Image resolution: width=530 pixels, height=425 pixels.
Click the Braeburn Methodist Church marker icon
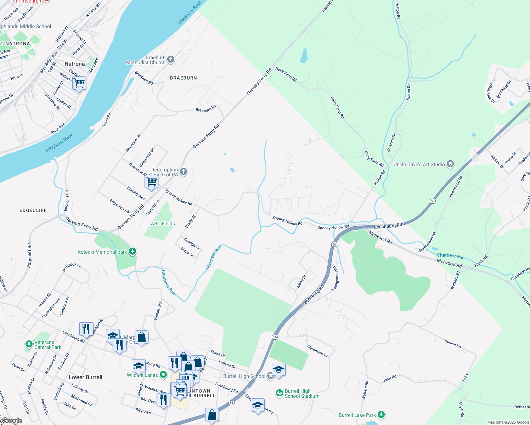pyautogui.click(x=171, y=59)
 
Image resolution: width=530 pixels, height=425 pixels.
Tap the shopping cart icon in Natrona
pyautogui.click(x=79, y=83)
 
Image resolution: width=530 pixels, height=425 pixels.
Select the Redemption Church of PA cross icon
pyautogui.click(x=183, y=172)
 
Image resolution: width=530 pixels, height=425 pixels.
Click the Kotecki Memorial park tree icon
pyautogui.click(x=132, y=251)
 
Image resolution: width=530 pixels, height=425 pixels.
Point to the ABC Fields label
pyautogui.click(x=163, y=223)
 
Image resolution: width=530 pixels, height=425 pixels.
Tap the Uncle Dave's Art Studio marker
pyautogui.click(x=450, y=164)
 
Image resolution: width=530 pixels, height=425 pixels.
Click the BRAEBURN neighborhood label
pyautogui.click(x=184, y=78)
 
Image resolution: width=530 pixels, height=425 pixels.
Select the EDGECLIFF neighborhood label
pyautogui.click(x=33, y=210)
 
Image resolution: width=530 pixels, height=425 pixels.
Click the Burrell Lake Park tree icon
pyautogui.click(x=381, y=414)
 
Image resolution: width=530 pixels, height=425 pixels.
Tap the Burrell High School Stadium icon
pyautogui.click(x=280, y=393)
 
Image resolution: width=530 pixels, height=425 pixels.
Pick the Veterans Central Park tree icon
pyautogui.click(x=29, y=344)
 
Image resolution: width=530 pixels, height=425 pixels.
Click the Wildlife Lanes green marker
pyautogui.click(x=163, y=374)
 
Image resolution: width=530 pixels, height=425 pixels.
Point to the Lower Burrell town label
pyautogui.click(x=85, y=377)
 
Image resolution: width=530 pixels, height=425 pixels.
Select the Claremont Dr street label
pyautogui.click(x=317, y=351)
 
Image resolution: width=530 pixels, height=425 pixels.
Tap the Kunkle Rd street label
pyautogui.click(x=453, y=343)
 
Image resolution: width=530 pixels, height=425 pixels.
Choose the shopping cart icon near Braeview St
pyautogui.click(x=151, y=182)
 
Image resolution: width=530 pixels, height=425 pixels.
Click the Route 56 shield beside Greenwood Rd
pyautogui.click(x=433, y=201)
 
